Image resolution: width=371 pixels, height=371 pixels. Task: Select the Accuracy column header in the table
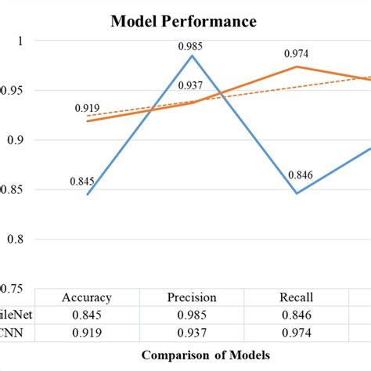click(88, 297)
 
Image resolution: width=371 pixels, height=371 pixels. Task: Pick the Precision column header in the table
click(192, 297)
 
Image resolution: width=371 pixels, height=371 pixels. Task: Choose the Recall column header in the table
click(297, 297)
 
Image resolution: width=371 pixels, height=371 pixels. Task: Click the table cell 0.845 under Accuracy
click(88, 315)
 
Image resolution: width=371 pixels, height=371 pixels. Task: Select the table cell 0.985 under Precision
click(192, 315)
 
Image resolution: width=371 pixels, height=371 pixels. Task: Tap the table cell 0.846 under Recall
click(297, 315)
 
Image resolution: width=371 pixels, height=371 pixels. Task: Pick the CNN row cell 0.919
click(88, 332)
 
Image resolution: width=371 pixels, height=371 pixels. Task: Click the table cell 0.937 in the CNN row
click(192, 332)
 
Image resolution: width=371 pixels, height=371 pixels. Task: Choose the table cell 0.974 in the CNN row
click(297, 332)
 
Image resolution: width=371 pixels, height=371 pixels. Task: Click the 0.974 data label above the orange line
click(297, 54)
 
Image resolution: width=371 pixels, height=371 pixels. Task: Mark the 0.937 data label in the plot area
click(192, 85)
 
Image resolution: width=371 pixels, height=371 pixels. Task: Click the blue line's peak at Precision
click(192, 55)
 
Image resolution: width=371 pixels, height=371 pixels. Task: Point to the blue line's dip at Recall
click(297, 193)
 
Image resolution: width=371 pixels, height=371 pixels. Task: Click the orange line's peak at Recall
click(297, 67)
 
